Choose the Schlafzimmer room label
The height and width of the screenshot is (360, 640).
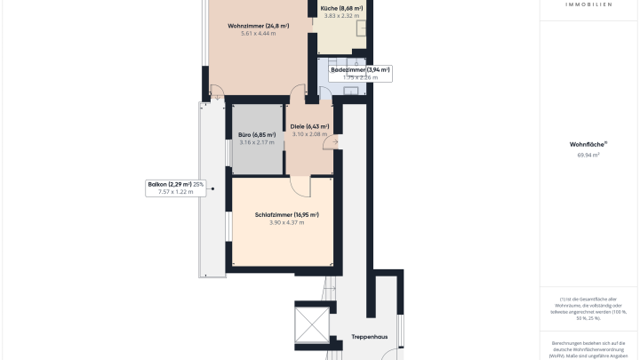pyautogui.click(x=286, y=214)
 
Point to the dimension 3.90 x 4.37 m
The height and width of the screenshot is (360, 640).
pyautogui.click(x=286, y=222)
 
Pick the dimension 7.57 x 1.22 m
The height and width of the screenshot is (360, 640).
pyautogui.click(x=175, y=192)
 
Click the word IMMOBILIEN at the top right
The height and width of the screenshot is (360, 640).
pyautogui.click(x=588, y=4)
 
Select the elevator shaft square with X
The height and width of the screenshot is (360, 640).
pyautogui.click(x=312, y=324)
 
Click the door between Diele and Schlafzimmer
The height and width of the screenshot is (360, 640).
pyautogui.click(x=300, y=183)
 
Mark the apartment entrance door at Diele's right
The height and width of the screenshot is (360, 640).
pyautogui.click(x=332, y=143)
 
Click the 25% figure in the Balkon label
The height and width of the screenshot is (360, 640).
pyautogui.click(x=198, y=184)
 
